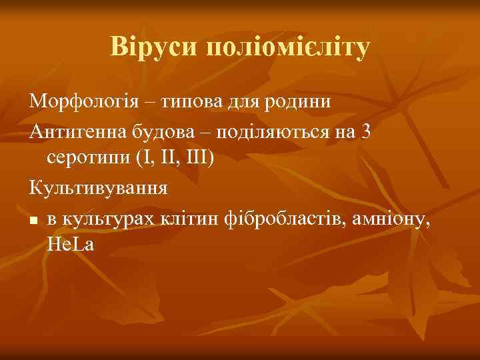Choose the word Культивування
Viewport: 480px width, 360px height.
pos(99,188)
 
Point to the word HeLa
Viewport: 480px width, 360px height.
pos(71,245)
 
